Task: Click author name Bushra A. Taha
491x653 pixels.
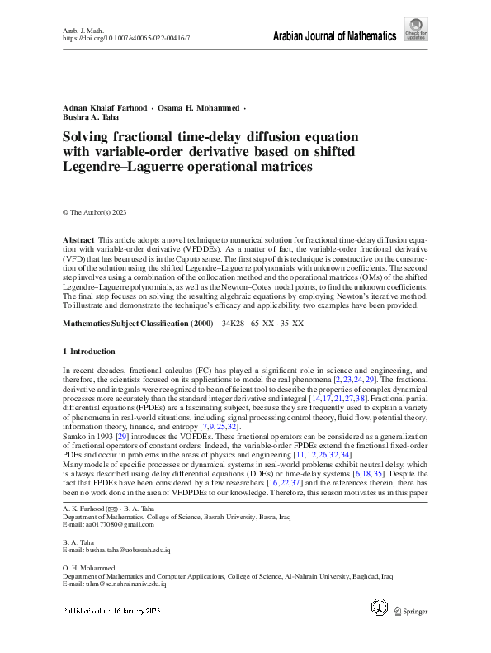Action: point(92,120)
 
